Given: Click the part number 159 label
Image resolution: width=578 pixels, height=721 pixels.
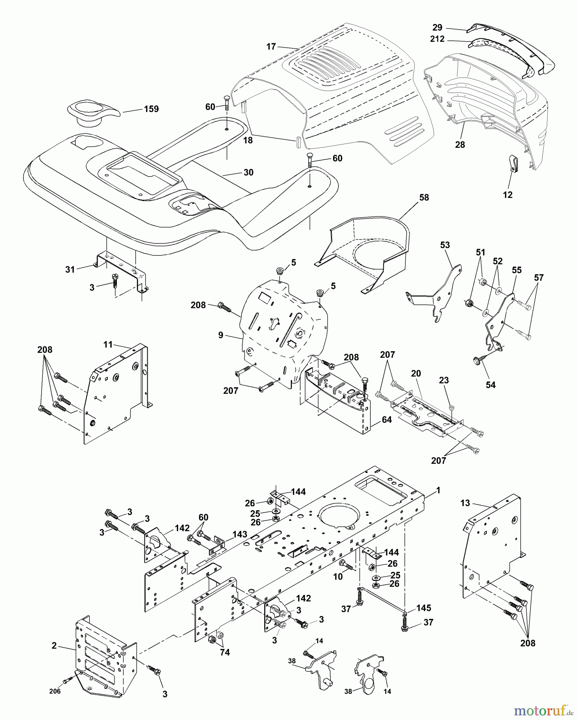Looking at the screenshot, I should pyautogui.click(x=151, y=109).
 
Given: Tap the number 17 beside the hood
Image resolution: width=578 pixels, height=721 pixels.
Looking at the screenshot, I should pyautogui.click(x=271, y=47).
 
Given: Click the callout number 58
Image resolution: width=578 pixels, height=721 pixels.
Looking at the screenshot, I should pyautogui.click(x=424, y=197).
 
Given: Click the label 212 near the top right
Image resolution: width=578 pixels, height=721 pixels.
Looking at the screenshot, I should pyautogui.click(x=437, y=39).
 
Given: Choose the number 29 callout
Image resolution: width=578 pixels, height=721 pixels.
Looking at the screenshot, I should pyautogui.click(x=438, y=28).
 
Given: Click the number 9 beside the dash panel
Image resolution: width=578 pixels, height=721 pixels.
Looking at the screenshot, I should pyautogui.click(x=221, y=335).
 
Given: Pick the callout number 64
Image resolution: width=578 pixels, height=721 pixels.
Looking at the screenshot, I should pyautogui.click(x=387, y=420).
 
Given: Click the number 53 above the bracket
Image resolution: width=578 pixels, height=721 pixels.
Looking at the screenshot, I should pyautogui.click(x=445, y=245).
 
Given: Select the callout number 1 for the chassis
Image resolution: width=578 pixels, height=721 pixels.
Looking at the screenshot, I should pyautogui.click(x=438, y=490).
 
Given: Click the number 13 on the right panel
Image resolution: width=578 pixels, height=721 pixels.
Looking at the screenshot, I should pyautogui.click(x=465, y=503).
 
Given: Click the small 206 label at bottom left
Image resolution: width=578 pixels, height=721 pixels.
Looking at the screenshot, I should pyautogui.click(x=55, y=691).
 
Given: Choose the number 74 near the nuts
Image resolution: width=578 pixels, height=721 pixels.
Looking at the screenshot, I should pyautogui.click(x=225, y=652).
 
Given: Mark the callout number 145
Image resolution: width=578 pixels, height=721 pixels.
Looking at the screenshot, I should pyautogui.click(x=423, y=608).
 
